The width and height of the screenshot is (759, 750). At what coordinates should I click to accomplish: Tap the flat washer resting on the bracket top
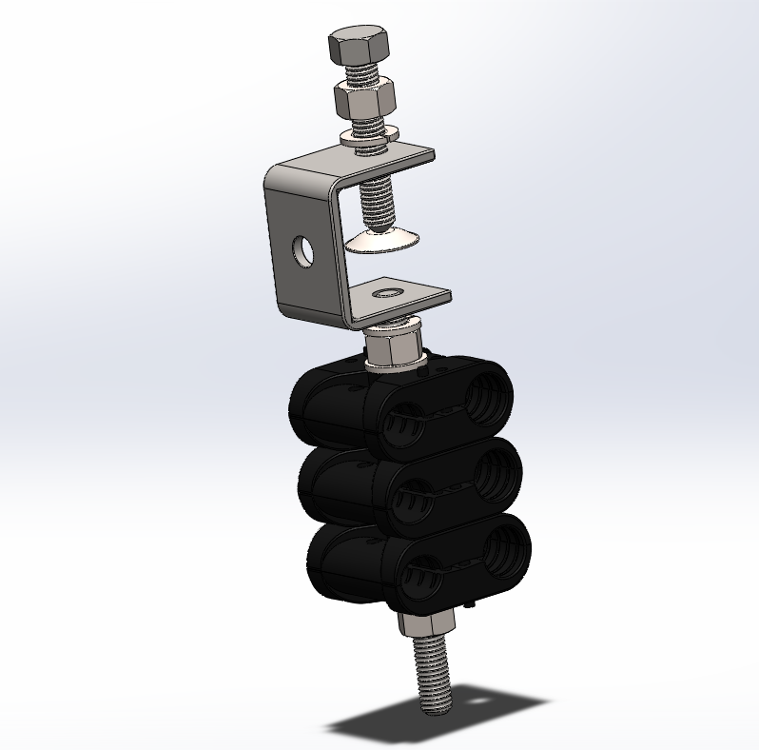[366, 139]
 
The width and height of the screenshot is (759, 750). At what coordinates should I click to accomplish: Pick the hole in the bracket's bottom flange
[389, 288]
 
